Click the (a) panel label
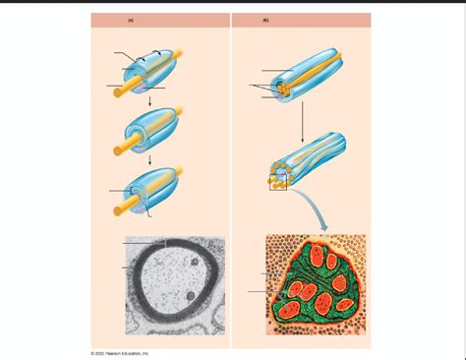[131, 20]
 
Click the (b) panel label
[265, 20]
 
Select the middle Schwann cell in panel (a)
[152, 130]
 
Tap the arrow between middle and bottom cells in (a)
[147, 159]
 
